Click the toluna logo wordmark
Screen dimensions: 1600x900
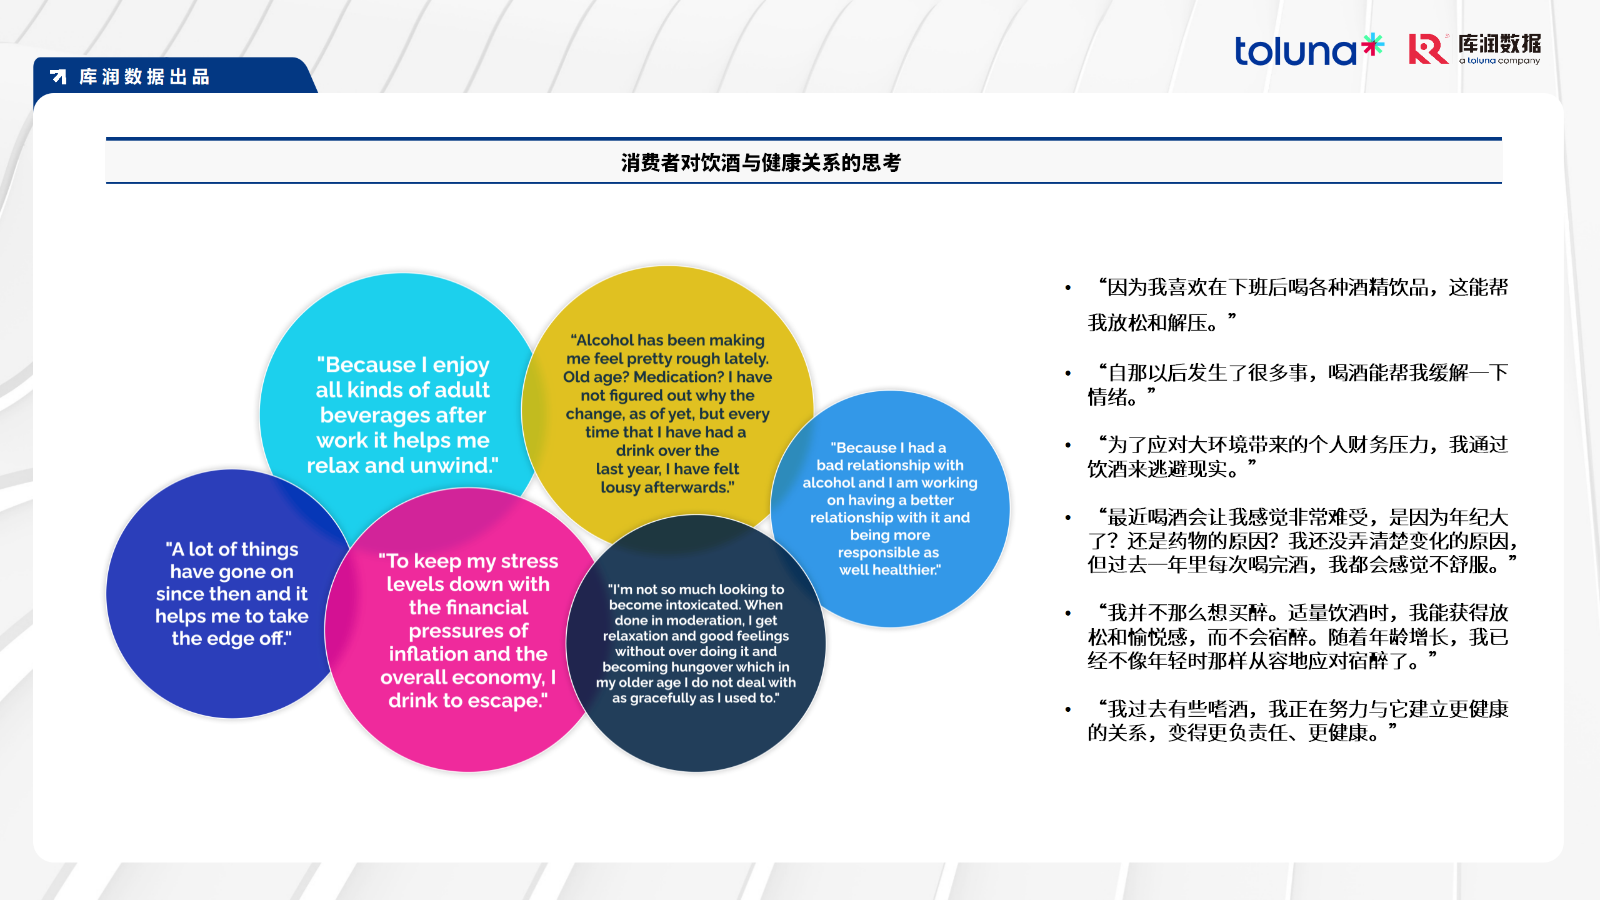(x=1295, y=51)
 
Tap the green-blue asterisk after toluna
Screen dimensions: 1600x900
(x=1373, y=45)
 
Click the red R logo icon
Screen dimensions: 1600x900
(x=1428, y=49)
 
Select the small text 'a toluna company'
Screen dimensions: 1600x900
(x=1499, y=61)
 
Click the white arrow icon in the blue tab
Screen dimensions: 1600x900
(x=58, y=77)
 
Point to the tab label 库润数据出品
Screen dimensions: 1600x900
(x=144, y=77)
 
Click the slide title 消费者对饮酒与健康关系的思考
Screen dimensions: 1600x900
(x=761, y=162)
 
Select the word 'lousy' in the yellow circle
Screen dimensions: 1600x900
(x=621, y=487)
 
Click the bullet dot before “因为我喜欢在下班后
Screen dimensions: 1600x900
(x=1068, y=287)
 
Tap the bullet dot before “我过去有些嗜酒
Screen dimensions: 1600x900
(x=1068, y=709)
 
